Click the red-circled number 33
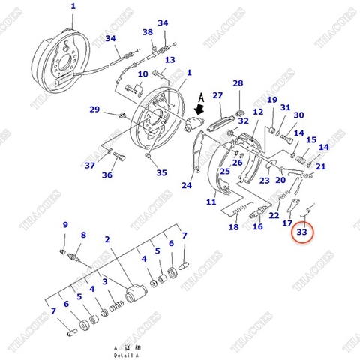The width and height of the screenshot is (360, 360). coord(302,233)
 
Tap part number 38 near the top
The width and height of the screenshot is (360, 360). coord(148,32)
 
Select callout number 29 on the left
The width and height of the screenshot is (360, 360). coord(94,109)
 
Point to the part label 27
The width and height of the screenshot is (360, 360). coord(217,95)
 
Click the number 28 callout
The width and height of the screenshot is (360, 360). coord(238,83)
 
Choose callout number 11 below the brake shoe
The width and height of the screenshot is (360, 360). coord(211,202)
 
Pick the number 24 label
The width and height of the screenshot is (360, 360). coord(187,186)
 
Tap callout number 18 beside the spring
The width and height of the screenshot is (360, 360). coord(234,227)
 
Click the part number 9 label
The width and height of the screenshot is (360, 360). coord(65,225)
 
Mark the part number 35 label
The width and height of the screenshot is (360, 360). coord(161,172)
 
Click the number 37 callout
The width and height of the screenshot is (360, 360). coord(90,166)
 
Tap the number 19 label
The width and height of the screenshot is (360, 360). coord(271,100)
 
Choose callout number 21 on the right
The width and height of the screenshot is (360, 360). coord(320,166)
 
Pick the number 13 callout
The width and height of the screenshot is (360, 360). coord(169,60)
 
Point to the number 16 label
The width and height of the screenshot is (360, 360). coord(258,227)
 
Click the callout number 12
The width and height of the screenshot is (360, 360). coord(257,112)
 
